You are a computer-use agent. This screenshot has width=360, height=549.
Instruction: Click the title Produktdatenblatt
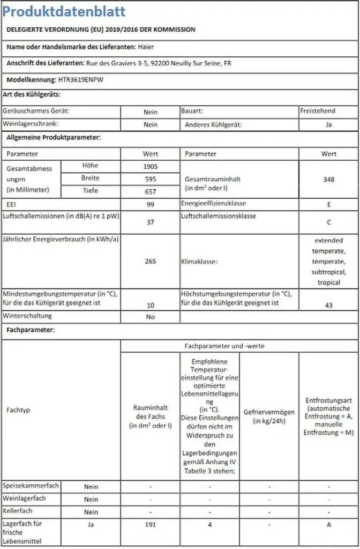(64, 11)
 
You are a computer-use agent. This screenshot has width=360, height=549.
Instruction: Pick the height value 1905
(151, 166)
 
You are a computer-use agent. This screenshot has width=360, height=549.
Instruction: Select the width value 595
(151, 179)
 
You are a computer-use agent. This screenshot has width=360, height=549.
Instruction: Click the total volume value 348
(328, 180)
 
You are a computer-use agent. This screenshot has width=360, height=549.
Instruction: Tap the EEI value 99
(151, 205)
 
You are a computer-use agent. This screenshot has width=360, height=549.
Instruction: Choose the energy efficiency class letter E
(328, 205)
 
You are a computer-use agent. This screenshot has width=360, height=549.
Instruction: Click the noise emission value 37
(151, 222)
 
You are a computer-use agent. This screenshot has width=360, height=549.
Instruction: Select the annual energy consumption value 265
(151, 262)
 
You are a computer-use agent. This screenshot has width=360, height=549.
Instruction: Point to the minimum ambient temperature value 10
(151, 305)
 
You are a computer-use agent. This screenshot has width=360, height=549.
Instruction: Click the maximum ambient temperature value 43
(328, 305)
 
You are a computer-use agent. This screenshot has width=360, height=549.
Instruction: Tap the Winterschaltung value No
(151, 317)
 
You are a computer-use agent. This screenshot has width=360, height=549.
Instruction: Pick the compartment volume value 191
(151, 525)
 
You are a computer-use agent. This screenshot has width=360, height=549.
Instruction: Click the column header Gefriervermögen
(269, 416)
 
